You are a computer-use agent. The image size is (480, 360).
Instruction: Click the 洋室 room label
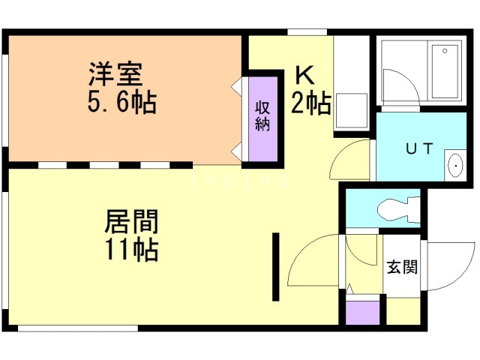pyautogui.click(x=115, y=76)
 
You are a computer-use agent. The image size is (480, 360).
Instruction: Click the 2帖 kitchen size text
pyautogui.click(x=310, y=103)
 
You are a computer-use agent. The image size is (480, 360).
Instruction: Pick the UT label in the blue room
pyautogui.click(x=419, y=148)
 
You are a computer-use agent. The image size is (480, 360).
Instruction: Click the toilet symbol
pyautogui.click(x=393, y=205)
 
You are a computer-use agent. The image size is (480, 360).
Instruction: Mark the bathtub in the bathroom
pyautogui.click(x=445, y=72)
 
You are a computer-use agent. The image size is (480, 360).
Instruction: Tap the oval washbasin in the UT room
pyautogui.click(x=454, y=164)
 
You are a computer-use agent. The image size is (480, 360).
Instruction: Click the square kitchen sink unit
pyautogui.click(x=349, y=110)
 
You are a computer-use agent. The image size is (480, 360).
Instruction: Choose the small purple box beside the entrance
pyautogui.click(x=363, y=312)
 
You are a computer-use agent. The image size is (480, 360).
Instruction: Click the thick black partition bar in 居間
pyautogui.click(x=276, y=266)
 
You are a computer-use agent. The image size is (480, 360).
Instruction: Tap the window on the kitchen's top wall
pyautogui.click(x=307, y=31)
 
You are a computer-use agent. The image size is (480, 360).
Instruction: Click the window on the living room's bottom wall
pyautogui.click(x=77, y=328)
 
